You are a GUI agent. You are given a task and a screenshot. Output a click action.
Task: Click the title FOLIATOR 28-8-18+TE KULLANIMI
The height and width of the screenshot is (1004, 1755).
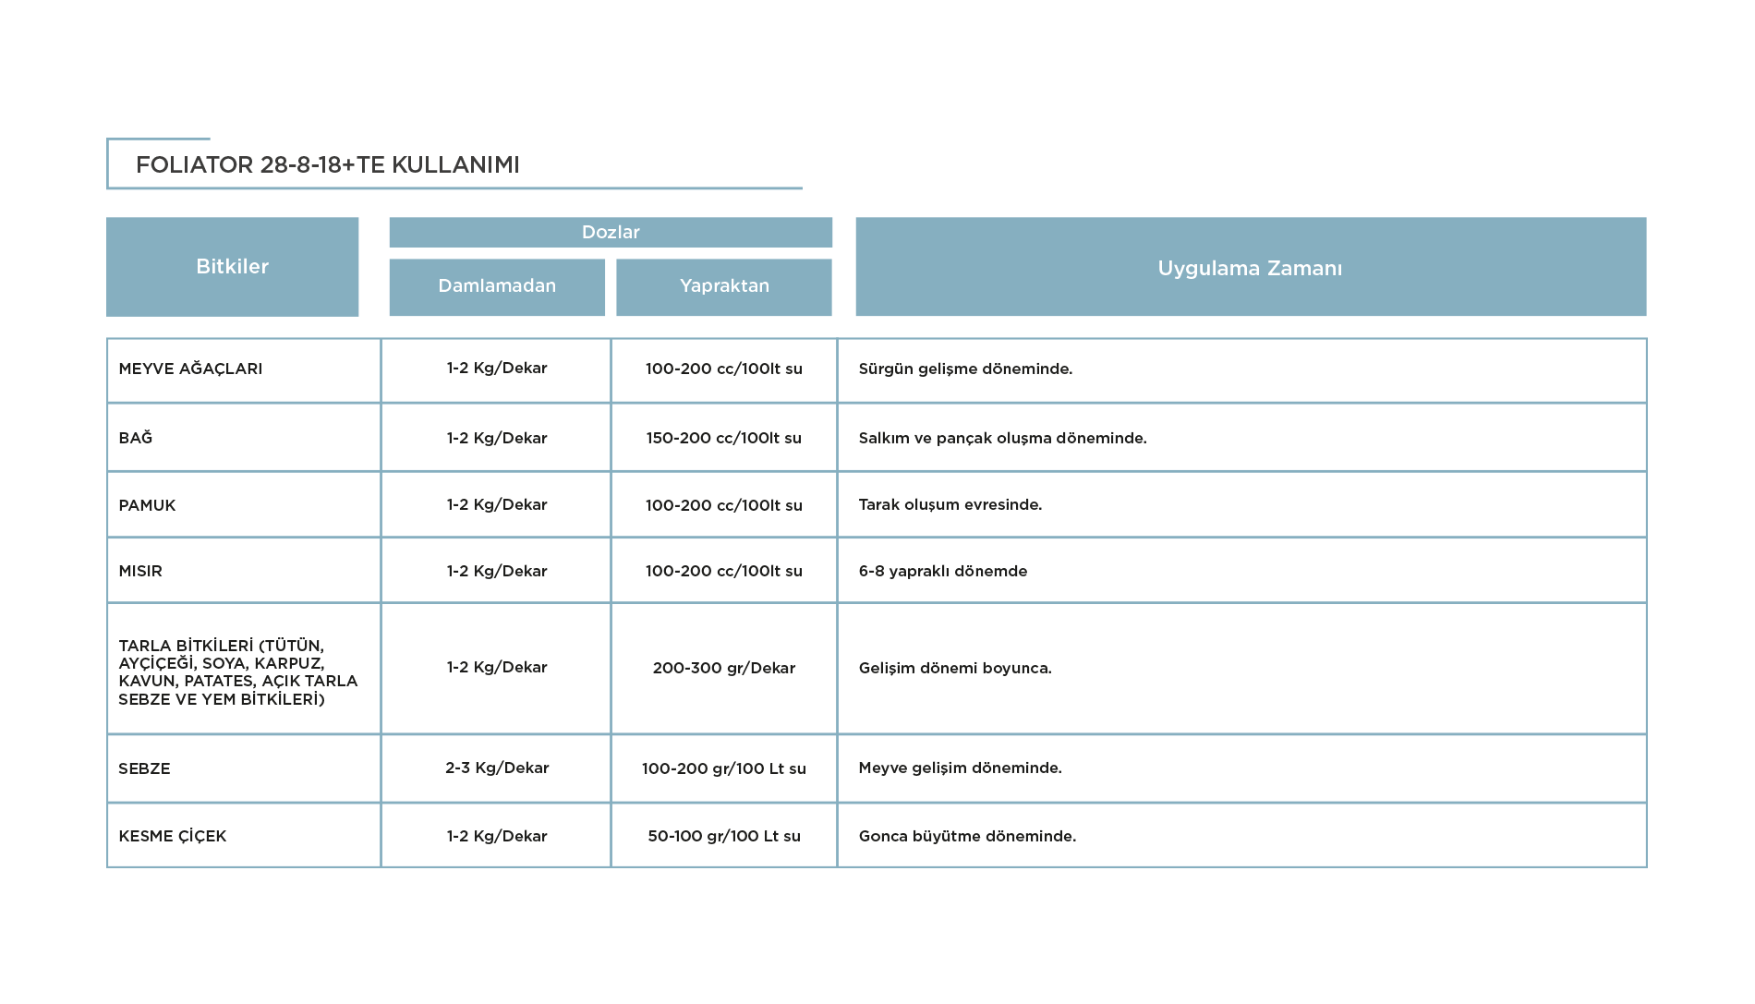tap(328, 164)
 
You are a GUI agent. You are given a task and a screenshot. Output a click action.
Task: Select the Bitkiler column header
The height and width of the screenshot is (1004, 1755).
tap(232, 267)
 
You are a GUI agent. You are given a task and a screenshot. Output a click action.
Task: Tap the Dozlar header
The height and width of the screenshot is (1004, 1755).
tap(611, 232)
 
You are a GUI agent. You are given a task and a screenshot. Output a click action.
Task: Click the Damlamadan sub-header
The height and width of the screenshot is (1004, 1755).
tap(497, 286)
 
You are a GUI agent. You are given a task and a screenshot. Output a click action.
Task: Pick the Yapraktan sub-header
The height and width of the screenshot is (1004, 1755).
tap(724, 286)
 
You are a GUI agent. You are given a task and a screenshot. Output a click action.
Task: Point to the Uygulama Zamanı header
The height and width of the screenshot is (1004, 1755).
tap(1251, 267)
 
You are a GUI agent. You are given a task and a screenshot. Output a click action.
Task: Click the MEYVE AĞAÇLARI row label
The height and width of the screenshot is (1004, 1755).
tap(190, 369)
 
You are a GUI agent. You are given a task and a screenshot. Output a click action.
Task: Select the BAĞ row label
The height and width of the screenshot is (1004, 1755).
tap(136, 437)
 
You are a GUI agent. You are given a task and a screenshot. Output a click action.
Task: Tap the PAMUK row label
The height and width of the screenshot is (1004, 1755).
tap(147, 505)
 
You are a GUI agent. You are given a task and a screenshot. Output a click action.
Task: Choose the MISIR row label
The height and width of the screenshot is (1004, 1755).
tap(140, 571)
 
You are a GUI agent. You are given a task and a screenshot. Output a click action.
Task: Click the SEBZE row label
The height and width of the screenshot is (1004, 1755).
tap(144, 768)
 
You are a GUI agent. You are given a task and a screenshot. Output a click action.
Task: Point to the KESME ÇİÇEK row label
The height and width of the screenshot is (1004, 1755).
tap(173, 836)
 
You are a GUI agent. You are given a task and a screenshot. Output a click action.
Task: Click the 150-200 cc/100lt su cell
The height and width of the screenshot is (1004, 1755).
tap(724, 438)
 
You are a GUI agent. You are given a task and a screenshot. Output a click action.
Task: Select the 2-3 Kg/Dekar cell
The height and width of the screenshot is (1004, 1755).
tap(497, 768)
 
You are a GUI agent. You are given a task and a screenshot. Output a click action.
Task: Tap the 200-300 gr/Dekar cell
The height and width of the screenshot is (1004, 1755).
tap(724, 668)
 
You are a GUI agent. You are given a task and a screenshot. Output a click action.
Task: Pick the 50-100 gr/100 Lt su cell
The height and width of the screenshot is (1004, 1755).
tap(724, 836)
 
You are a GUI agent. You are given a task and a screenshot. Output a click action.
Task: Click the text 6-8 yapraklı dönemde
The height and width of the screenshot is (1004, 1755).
tap(943, 571)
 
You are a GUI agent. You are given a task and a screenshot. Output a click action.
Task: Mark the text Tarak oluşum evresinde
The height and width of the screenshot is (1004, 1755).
tap(950, 504)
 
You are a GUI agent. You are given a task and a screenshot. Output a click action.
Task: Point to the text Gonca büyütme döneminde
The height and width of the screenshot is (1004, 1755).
tap(967, 836)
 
